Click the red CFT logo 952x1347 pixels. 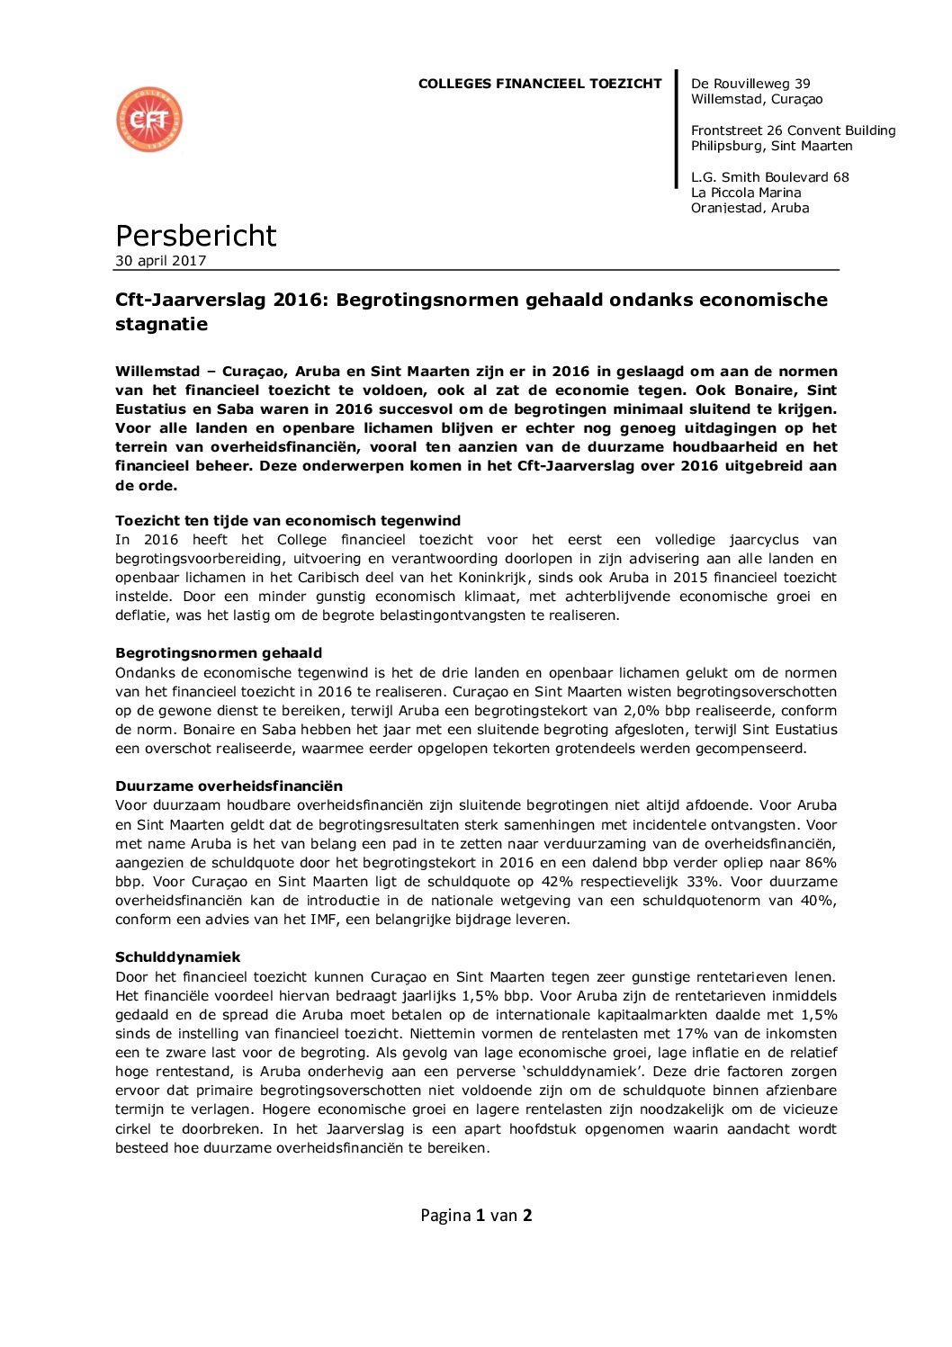pos(149,120)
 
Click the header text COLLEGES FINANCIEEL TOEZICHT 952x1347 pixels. pos(540,84)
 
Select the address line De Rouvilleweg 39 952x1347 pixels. pos(750,84)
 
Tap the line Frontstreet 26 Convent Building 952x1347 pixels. pos(793,130)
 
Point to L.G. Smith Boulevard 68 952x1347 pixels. pos(769,177)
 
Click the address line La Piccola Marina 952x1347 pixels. pos(746,193)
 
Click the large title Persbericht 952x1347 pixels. pos(195,236)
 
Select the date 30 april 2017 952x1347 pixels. pos(161,261)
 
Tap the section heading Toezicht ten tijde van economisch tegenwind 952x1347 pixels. pos(288,521)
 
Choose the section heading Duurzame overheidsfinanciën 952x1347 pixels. pos(229,786)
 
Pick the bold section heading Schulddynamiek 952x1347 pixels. pos(178,957)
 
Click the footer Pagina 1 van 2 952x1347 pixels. pos(476,1216)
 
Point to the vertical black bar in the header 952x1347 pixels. pos(677,130)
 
